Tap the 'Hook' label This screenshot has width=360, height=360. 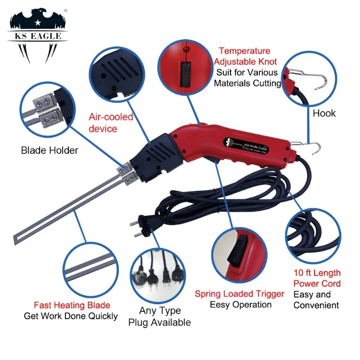point(324,113)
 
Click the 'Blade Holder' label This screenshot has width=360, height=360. point(49,150)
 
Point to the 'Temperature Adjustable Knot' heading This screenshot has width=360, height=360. point(245,56)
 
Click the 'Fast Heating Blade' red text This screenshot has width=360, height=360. point(72,305)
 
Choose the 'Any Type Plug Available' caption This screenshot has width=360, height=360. point(159,316)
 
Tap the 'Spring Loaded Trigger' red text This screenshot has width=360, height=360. point(239,294)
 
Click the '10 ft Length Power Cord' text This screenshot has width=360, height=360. point(317,278)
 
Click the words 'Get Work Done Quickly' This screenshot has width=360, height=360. point(71,316)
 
